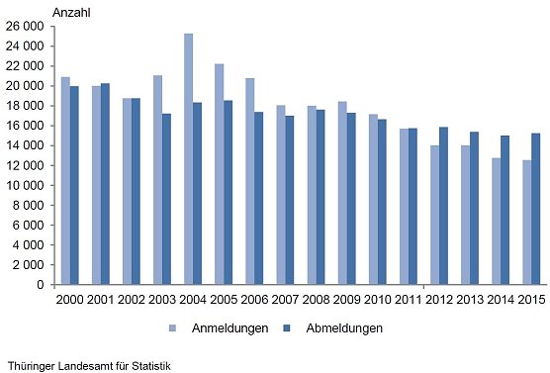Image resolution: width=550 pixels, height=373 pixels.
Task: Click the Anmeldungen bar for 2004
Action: point(188,159)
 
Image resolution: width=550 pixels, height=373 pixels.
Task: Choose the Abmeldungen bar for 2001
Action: point(105,184)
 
